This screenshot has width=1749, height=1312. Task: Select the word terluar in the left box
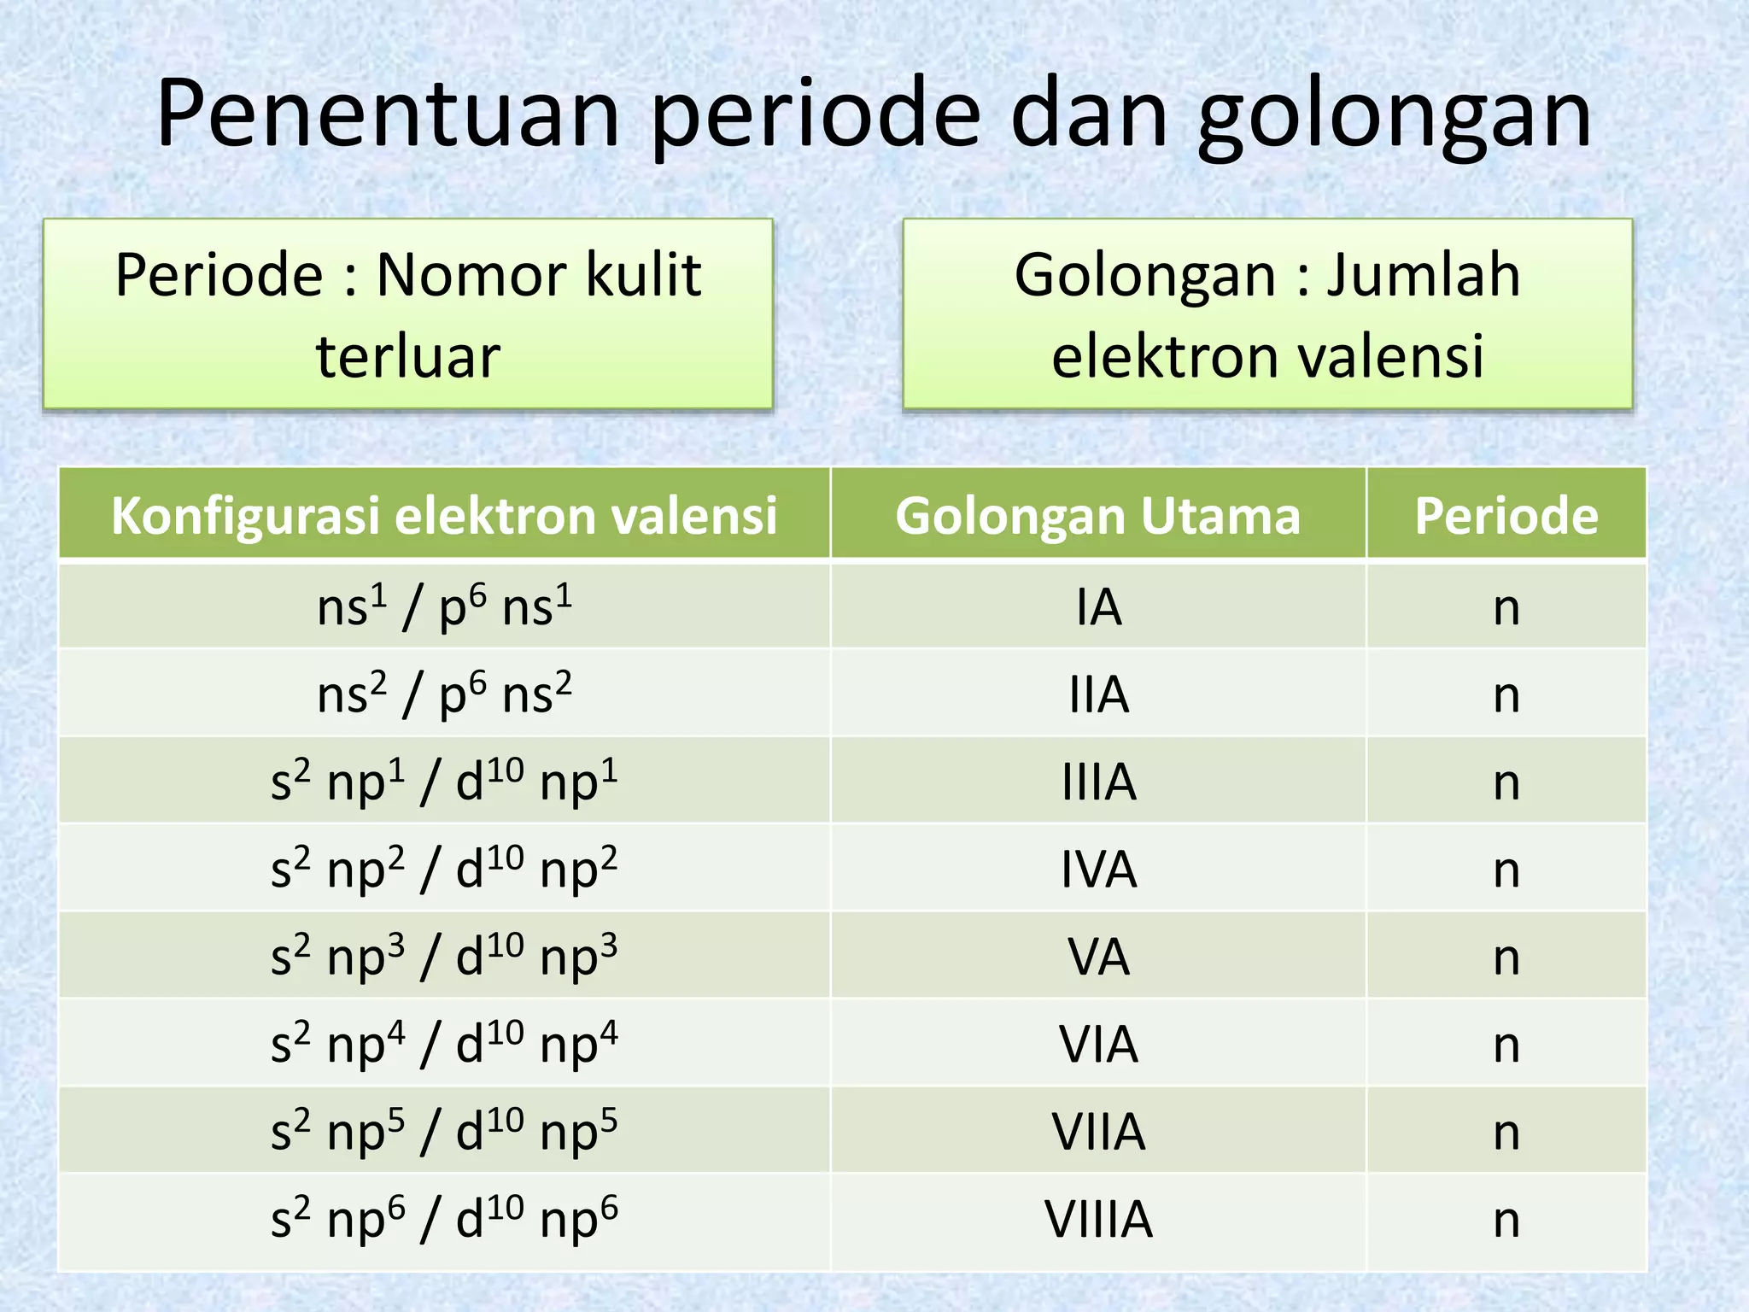pos(408,356)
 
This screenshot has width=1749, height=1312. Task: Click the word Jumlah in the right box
pos(1423,275)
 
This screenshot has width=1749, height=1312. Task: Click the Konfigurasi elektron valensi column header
pos(444,516)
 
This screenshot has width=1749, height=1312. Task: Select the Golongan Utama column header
pos(1097,516)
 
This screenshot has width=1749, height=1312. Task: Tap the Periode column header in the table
pos(1506,516)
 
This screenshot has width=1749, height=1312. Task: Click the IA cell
pos(1098,607)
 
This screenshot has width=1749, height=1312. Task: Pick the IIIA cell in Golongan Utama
pos(1098,782)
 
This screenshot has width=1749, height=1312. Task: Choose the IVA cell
pos(1098,870)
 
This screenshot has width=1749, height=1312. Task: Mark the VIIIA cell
pos(1098,1219)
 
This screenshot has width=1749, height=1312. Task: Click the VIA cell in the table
pos(1098,1044)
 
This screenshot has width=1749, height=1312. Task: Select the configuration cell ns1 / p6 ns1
pos(444,607)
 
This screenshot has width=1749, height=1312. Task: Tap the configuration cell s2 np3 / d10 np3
pos(444,957)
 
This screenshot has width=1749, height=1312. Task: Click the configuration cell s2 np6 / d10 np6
pos(444,1219)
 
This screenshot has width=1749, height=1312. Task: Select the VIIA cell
pos(1098,1132)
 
